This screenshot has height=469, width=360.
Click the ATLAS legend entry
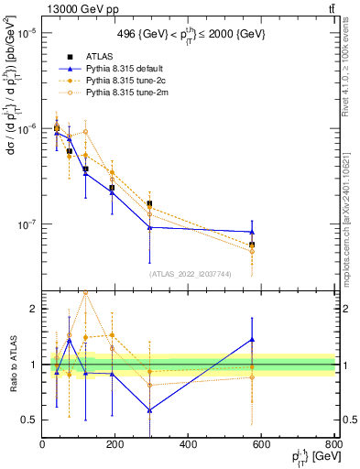[x=99, y=56]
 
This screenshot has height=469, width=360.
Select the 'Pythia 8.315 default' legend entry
[x=127, y=69]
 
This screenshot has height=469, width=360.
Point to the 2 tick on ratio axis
[x=33, y=309]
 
